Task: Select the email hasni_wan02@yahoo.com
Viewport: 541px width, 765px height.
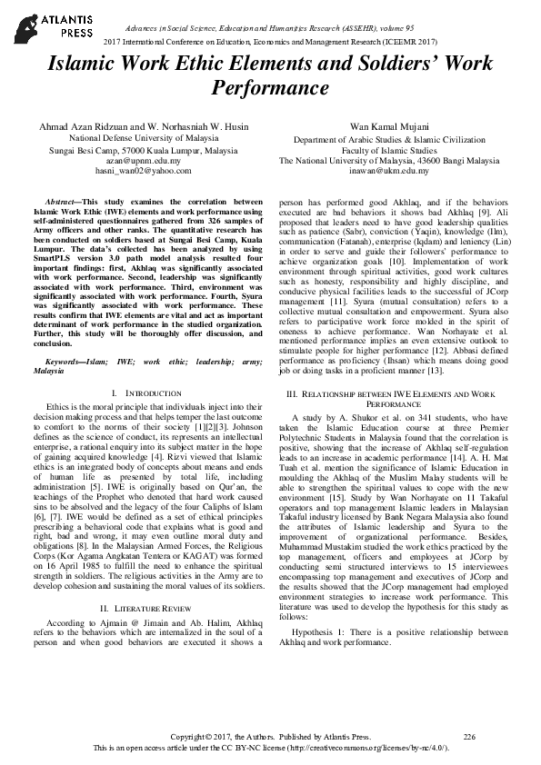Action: (x=137, y=170)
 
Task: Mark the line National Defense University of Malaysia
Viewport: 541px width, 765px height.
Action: (x=137, y=141)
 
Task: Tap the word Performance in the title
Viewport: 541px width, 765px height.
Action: (x=270, y=88)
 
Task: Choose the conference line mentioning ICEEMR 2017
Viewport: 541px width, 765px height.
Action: (x=270, y=43)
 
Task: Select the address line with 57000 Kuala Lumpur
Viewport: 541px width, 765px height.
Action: (x=137, y=151)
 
